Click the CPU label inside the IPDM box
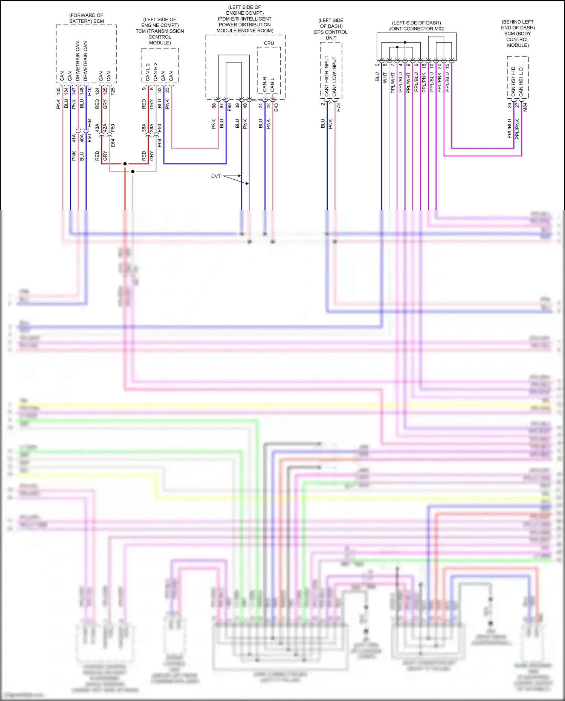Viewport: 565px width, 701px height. click(x=269, y=43)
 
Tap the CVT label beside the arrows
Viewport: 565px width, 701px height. click(x=216, y=176)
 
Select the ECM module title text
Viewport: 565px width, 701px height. click(x=86, y=18)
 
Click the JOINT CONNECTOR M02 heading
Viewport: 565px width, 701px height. click(x=416, y=26)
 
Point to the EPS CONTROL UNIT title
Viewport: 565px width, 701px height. click(x=331, y=29)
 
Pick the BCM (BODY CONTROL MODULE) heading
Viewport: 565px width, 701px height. click(x=518, y=34)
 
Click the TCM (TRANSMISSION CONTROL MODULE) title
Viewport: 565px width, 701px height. click(x=160, y=31)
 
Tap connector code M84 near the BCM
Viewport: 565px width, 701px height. click(x=525, y=107)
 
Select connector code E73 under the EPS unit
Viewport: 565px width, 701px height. click(x=338, y=107)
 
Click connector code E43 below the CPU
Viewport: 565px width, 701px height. click(x=276, y=107)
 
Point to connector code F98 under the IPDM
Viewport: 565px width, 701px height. click(x=229, y=107)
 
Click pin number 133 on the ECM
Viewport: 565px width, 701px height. click(x=58, y=91)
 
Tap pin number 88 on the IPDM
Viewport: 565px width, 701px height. click(x=214, y=106)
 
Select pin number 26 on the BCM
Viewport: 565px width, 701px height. click(x=509, y=105)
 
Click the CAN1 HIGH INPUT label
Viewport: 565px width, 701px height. click(x=327, y=76)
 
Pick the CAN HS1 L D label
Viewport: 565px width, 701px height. click(x=521, y=81)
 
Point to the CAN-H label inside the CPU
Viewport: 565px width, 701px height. click(x=264, y=84)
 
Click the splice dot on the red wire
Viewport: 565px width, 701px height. click(x=125, y=164)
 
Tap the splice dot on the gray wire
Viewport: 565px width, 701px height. click(x=133, y=172)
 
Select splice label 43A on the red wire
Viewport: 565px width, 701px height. click(x=97, y=127)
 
